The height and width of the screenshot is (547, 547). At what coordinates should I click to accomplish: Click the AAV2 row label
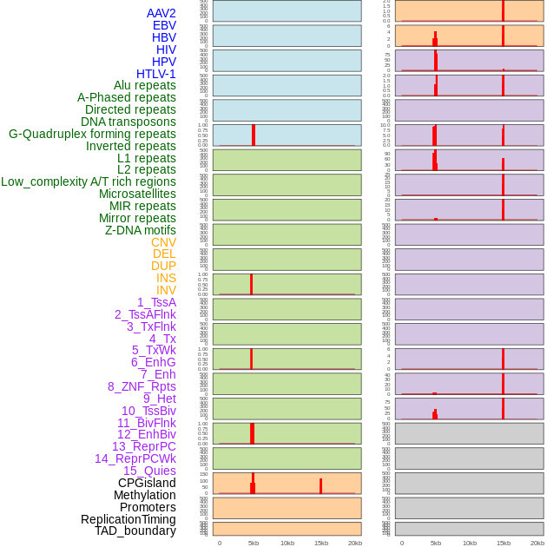click(x=161, y=13)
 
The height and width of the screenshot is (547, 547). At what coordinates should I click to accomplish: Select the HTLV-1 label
click(x=156, y=74)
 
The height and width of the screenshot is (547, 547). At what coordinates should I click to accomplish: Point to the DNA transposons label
click(x=129, y=122)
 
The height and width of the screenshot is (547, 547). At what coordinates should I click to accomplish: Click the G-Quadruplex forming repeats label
click(x=92, y=134)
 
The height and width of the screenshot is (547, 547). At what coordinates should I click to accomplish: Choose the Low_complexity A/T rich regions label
click(x=89, y=181)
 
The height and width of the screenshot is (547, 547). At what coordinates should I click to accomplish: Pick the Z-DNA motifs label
click(x=141, y=230)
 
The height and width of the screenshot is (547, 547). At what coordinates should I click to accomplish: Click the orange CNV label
click(x=163, y=242)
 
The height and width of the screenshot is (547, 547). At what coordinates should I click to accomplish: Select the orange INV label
click(x=166, y=290)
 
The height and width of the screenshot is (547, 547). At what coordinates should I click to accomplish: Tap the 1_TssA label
click(x=156, y=302)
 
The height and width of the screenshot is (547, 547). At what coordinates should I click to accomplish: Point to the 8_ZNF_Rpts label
click(x=142, y=386)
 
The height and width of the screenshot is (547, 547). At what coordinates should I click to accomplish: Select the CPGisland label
click(x=147, y=483)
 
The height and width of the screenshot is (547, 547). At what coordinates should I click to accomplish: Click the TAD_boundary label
click(x=135, y=531)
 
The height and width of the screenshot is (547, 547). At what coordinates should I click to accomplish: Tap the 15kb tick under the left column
click(x=320, y=543)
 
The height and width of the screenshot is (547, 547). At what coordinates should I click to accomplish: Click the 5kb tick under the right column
click(x=436, y=543)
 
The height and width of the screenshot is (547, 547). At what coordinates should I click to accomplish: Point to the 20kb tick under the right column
click(x=537, y=543)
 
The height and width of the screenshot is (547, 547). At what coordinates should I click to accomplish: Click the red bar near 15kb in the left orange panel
click(x=320, y=486)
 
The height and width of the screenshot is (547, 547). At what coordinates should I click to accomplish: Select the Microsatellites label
click(x=137, y=194)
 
